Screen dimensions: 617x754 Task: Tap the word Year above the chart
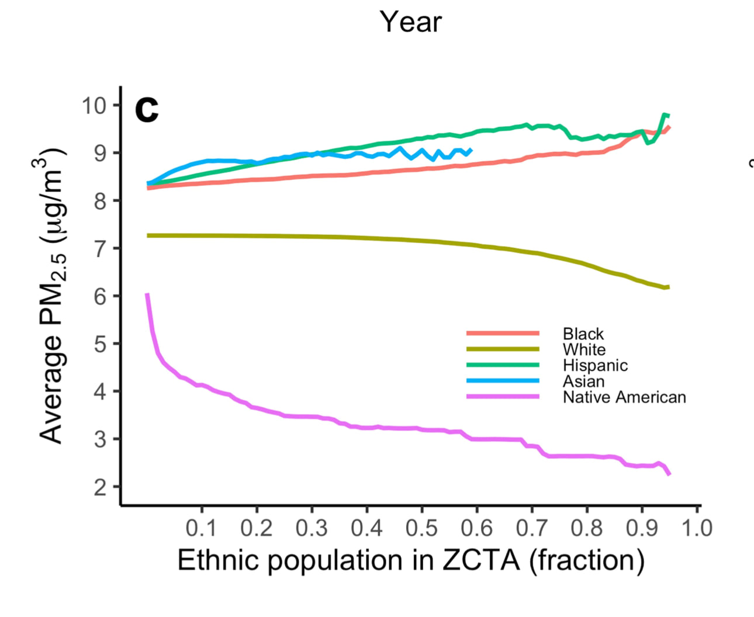pyautogui.click(x=411, y=22)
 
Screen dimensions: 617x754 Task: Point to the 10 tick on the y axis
pyautogui.click(x=94, y=106)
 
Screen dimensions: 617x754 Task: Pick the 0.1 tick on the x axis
pyautogui.click(x=201, y=528)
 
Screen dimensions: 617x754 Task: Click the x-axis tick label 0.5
pyautogui.click(x=421, y=528)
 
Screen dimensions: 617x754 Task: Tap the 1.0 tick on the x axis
pyautogui.click(x=697, y=528)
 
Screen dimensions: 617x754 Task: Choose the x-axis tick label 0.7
pyautogui.click(x=531, y=528)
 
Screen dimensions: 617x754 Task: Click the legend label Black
pyautogui.click(x=583, y=334)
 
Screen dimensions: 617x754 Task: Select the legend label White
pyautogui.click(x=584, y=349)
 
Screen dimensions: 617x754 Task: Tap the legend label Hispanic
pyautogui.click(x=595, y=365)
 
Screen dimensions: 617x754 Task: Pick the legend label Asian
pyautogui.click(x=583, y=381)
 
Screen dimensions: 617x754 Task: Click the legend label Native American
pyautogui.click(x=624, y=397)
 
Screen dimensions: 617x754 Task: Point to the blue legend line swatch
pyautogui.click(x=503, y=381)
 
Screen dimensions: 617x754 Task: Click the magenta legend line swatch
pyautogui.click(x=503, y=397)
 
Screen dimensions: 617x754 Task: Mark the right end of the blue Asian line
pyautogui.click(x=471, y=150)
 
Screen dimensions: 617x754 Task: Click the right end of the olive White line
pyautogui.click(x=668, y=287)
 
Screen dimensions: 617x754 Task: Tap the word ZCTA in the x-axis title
pyautogui.click(x=480, y=560)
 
